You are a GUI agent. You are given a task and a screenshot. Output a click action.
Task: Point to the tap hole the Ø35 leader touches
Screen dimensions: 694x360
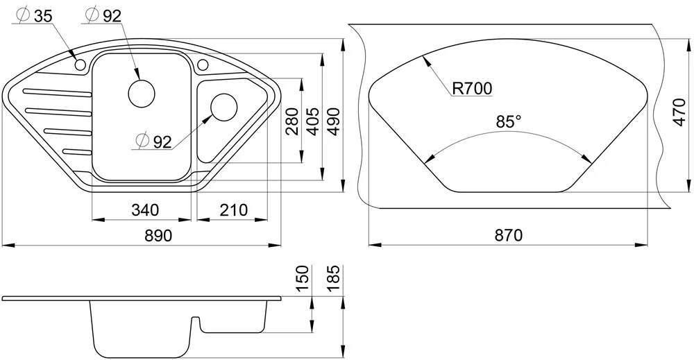[80, 65]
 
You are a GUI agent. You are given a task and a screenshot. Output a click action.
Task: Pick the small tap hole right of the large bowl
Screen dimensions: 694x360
[203, 65]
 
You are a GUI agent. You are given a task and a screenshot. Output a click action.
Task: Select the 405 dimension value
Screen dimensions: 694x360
[312, 121]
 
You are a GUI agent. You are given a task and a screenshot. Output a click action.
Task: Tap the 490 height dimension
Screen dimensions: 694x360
[333, 121]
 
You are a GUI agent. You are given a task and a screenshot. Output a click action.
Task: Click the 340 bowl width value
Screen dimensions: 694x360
[145, 209]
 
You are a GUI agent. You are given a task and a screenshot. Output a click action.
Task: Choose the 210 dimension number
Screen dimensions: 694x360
[233, 209]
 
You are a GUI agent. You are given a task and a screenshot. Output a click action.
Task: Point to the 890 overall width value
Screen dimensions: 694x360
[158, 235]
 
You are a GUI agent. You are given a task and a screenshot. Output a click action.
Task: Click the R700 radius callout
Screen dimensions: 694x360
[472, 89]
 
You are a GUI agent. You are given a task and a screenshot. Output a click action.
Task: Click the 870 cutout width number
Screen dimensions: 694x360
[509, 235]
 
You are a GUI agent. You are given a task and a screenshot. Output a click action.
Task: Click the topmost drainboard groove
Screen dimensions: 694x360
[58, 92]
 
